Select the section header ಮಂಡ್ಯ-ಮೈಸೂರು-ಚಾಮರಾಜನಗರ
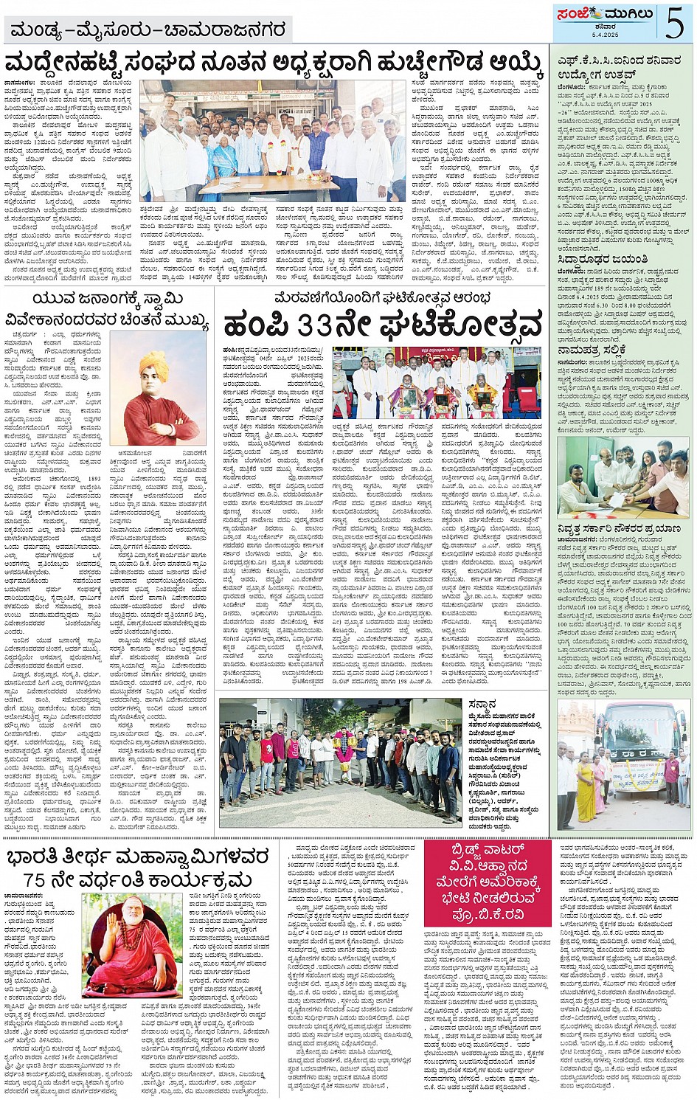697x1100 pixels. pyautogui.click(x=148, y=31)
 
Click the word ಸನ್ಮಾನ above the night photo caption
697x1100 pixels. pyautogui.click(x=482, y=704)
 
